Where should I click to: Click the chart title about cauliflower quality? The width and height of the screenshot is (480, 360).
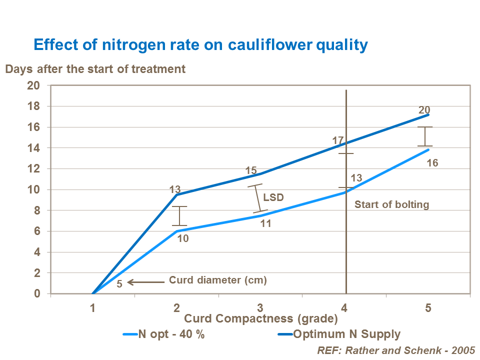(200, 45)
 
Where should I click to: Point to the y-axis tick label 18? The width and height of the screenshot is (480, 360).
(33, 106)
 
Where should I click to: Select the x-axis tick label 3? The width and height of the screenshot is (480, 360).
(260, 308)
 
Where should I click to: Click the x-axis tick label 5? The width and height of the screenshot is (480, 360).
(428, 308)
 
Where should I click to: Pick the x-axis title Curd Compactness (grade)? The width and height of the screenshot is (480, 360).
(261, 318)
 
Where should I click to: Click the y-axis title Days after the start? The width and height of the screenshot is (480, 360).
(95, 69)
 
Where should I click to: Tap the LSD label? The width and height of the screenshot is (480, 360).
(273, 197)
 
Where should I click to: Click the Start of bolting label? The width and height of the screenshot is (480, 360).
(391, 204)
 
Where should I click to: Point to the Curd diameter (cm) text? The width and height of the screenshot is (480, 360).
(218, 280)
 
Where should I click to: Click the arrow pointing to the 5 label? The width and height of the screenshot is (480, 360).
(146, 282)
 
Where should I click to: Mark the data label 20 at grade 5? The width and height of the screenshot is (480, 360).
(424, 110)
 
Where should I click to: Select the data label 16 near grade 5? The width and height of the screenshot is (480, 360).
(432, 163)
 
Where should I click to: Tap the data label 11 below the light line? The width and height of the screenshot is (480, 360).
(265, 223)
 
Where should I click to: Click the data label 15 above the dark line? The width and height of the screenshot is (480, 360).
(251, 171)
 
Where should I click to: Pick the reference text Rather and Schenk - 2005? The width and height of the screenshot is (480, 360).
(395, 350)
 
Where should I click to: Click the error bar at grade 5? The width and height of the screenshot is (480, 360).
(425, 136)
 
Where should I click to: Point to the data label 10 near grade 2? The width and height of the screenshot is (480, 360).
(183, 239)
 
